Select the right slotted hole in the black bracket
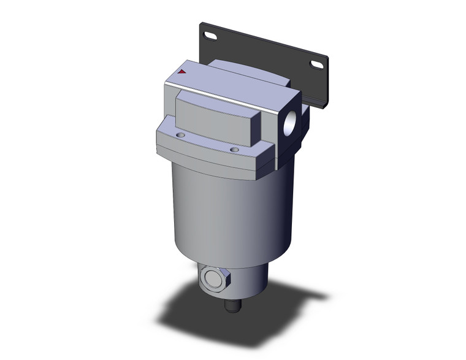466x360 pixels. pyautogui.click(x=318, y=64)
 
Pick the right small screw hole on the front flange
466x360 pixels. pyautogui.click(x=234, y=148)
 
